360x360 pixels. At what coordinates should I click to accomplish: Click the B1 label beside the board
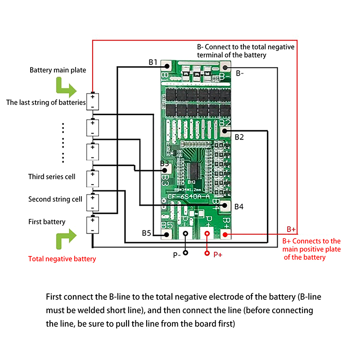coord(153,62)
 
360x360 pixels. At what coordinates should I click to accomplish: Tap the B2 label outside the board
coord(239,137)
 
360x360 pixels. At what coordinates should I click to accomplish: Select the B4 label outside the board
coord(239,207)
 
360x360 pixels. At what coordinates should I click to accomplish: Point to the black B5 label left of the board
coord(147,233)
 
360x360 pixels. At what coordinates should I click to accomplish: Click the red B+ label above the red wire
coord(291,229)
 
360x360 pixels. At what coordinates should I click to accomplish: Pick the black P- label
coord(177,255)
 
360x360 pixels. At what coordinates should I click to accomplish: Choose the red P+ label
coord(218,255)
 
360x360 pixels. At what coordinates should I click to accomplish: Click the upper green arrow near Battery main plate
coord(66,87)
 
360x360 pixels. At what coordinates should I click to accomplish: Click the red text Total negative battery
coord(62,259)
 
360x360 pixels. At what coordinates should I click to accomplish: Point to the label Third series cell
coord(52,176)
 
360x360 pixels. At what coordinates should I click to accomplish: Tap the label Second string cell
coord(55,199)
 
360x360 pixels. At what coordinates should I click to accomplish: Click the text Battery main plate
coord(58,70)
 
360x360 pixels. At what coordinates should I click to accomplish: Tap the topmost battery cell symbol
coord(92,101)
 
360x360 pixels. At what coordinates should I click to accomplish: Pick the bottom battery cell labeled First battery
coord(92,225)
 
